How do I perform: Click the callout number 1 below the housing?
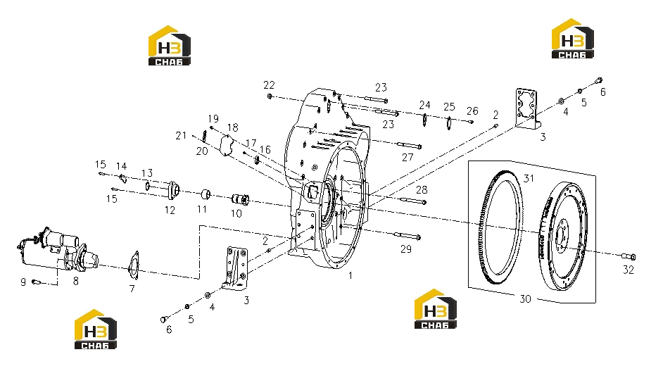tap(350, 275)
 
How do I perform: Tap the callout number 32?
tap(628, 270)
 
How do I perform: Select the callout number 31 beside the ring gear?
tap(528, 178)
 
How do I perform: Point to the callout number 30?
tap(525, 298)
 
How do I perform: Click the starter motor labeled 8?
tap(58, 249)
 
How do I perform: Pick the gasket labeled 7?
tap(134, 265)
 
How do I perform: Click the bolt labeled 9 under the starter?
tap(36, 282)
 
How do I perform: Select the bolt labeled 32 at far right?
tap(628, 257)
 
